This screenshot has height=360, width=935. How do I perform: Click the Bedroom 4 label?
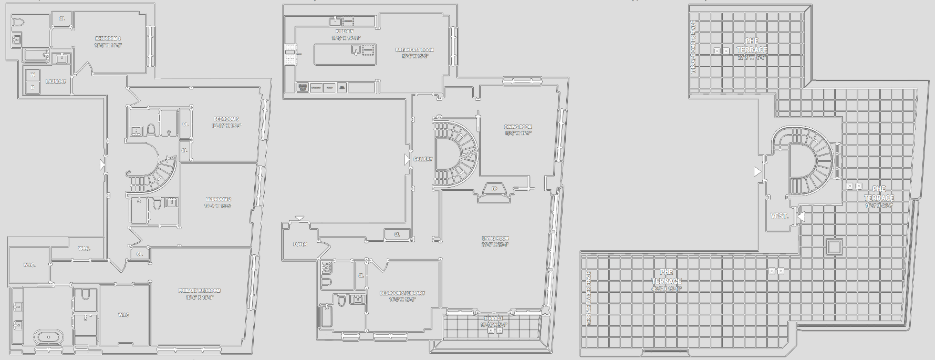pyautogui.click(x=108, y=39)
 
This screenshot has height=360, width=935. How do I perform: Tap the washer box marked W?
pyautogui.click(x=33, y=75)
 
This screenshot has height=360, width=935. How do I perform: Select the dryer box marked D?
pyautogui.click(x=33, y=87)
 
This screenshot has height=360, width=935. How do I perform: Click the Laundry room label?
pyautogui.click(x=56, y=81)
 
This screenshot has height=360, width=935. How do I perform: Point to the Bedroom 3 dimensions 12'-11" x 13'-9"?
pyautogui.click(x=226, y=126)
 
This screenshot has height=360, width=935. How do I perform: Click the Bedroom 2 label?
pyautogui.click(x=218, y=199)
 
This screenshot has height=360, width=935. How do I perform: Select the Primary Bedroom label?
pyautogui.click(x=199, y=291)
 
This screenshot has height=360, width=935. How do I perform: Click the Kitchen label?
pyautogui.click(x=345, y=32)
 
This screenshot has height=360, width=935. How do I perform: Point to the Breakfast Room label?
pyautogui.click(x=414, y=50)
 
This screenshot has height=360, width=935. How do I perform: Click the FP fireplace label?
pyautogui.click(x=494, y=189)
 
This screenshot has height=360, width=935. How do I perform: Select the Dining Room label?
pyautogui.click(x=518, y=127)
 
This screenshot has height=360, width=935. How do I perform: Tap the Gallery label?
pyautogui.click(x=422, y=159)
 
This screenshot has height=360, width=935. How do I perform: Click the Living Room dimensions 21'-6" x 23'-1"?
pyautogui.click(x=495, y=245)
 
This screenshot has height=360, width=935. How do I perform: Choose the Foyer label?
pyautogui.click(x=300, y=244)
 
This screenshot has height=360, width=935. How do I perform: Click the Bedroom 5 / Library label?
pyautogui.click(x=402, y=293)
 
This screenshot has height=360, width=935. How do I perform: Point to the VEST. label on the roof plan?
pyautogui.click(x=779, y=216)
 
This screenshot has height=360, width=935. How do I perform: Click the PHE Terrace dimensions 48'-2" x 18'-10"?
pyautogui.click(x=666, y=289)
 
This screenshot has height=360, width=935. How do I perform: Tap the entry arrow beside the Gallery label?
pyautogui.click(x=407, y=159)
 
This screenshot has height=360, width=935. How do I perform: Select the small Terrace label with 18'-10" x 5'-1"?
pyautogui.click(x=493, y=318)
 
